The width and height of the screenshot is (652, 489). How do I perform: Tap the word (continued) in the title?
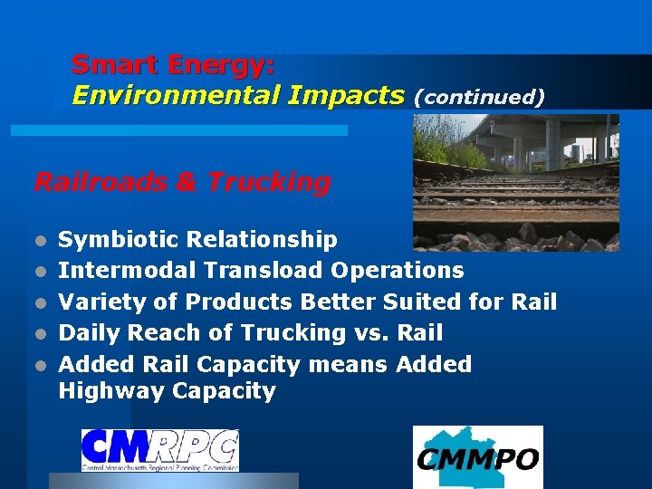478,97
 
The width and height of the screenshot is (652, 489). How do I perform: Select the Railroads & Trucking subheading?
182,182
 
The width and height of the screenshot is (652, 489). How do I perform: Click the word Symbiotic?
119,240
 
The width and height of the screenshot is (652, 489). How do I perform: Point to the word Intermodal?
128,271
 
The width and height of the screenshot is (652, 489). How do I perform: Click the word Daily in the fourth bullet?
90,332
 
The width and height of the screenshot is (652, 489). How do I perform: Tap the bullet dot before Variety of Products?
40,302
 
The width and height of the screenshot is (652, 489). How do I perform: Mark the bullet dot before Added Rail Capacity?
40,365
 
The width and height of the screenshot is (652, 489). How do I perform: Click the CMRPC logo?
160,450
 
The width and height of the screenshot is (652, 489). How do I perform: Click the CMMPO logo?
478,457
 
